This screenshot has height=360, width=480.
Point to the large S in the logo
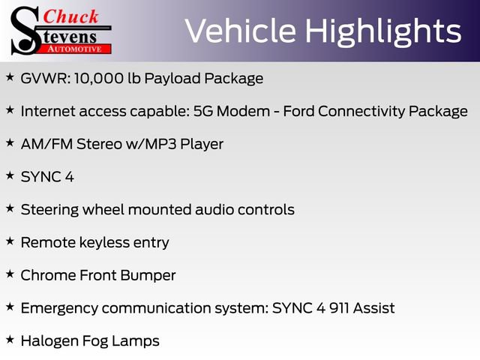click(x=24, y=30)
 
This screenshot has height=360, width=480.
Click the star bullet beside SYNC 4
click(x=10, y=175)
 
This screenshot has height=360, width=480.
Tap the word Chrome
click(x=48, y=275)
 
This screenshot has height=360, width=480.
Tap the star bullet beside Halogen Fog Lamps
click(x=10, y=340)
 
